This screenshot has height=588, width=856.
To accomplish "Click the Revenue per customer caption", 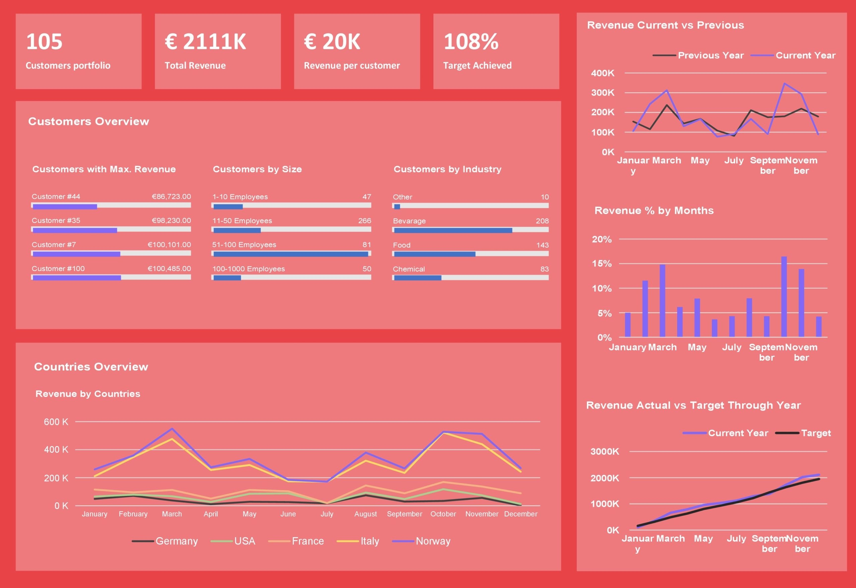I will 351,66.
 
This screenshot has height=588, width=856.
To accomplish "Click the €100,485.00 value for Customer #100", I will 169,268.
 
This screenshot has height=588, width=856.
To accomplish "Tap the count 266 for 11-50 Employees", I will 364,221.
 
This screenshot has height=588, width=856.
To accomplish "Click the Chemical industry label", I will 409,269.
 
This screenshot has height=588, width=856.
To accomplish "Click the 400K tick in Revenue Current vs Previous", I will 603,73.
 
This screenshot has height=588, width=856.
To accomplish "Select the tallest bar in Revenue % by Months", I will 784,297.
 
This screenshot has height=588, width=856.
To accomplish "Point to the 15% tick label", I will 602,264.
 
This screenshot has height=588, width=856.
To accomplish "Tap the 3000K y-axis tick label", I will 605,451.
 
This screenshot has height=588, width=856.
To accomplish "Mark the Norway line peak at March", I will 172,429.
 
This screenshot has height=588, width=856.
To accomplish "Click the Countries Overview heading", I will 91,366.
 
